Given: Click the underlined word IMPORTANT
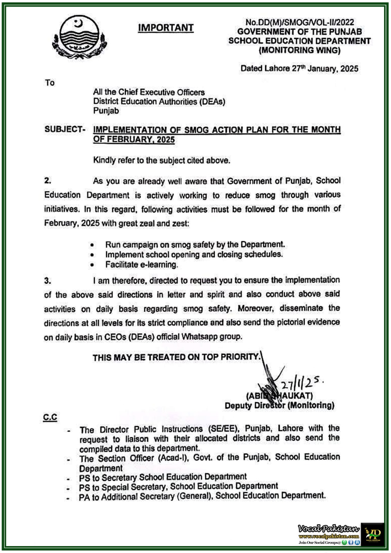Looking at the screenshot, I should pyautogui.click(x=166, y=28).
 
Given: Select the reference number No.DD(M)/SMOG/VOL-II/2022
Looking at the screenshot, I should pyautogui.click(x=299, y=22).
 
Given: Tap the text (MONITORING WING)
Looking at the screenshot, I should pyautogui.click(x=299, y=50).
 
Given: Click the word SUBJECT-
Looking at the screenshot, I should pyautogui.click(x=65, y=129).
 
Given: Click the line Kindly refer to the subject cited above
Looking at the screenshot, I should pyautogui.click(x=161, y=160).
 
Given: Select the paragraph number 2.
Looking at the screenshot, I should pyautogui.click(x=48, y=181).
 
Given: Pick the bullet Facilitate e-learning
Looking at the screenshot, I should pyautogui.click(x=142, y=265).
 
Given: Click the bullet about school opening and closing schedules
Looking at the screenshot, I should pyautogui.click(x=194, y=255).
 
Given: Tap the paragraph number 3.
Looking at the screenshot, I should pyautogui.click(x=48, y=281).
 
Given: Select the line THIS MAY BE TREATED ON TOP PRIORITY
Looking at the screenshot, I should pyautogui.click(x=176, y=357).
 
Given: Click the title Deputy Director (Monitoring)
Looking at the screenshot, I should pyautogui.click(x=279, y=405).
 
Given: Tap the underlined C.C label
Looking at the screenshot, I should pyautogui.click(x=50, y=418).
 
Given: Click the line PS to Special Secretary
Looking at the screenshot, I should pyautogui.click(x=178, y=487).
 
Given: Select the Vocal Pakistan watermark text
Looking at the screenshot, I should pyautogui.click(x=328, y=528).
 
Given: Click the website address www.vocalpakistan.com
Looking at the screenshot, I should pyautogui.click(x=328, y=536).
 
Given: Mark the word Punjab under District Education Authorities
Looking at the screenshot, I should pyautogui.click(x=106, y=111).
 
